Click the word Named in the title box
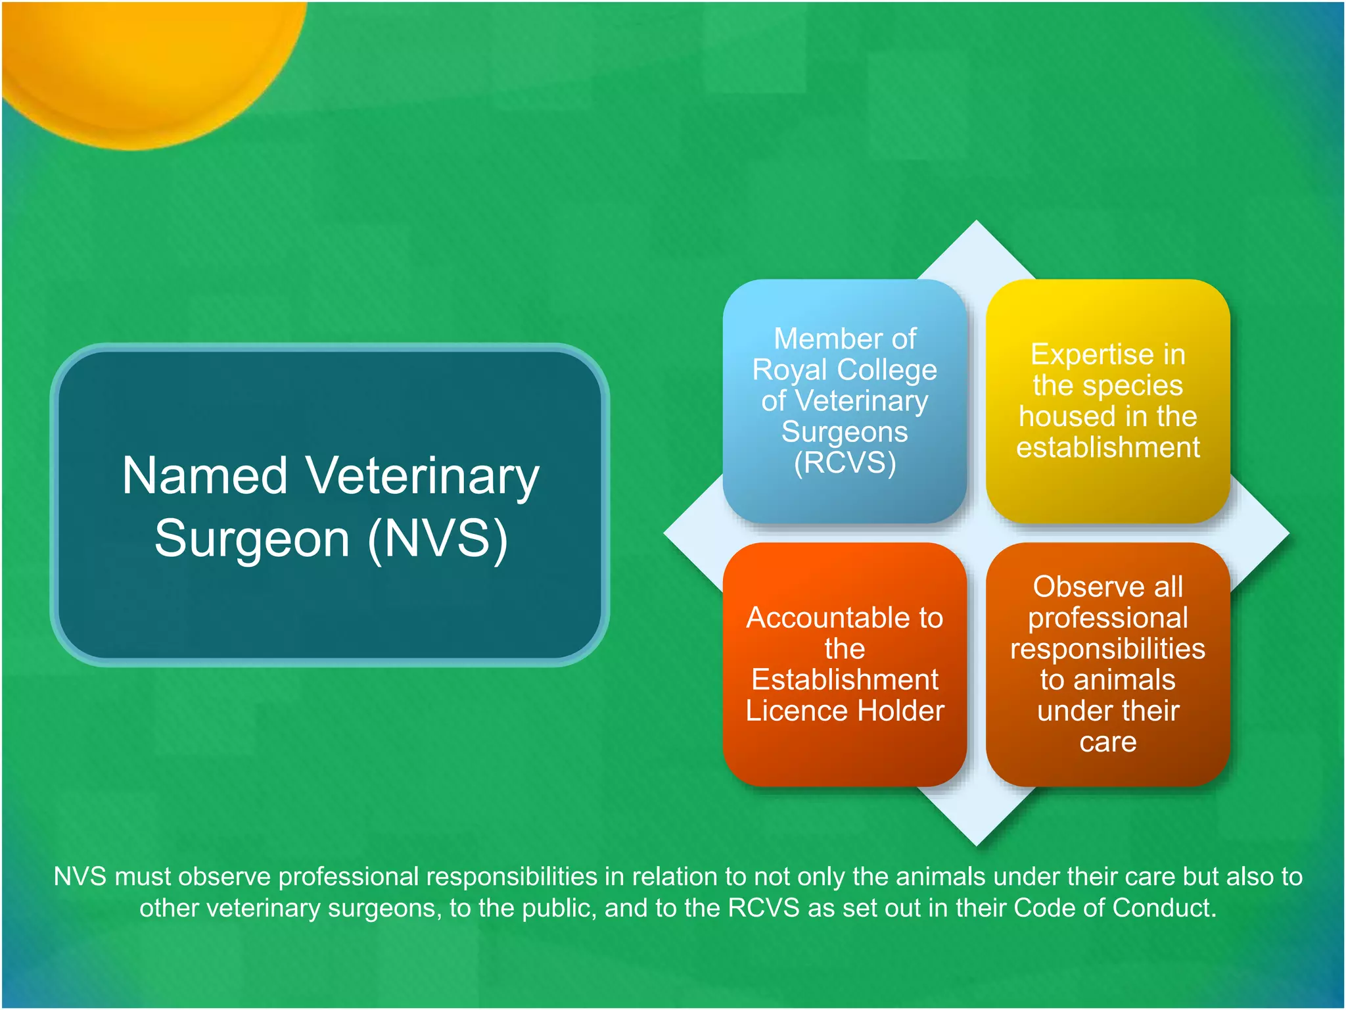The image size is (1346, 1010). point(205,476)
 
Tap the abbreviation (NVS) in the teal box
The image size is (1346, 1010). point(438,539)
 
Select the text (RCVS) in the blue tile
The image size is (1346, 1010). point(845,463)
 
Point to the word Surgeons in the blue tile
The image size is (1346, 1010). point(845,432)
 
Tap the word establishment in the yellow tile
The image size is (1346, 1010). point(1108,448)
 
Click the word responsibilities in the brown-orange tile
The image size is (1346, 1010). point(1108,649)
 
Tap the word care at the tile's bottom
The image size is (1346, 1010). point(1108,742)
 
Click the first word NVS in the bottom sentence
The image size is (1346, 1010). point(80,877)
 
